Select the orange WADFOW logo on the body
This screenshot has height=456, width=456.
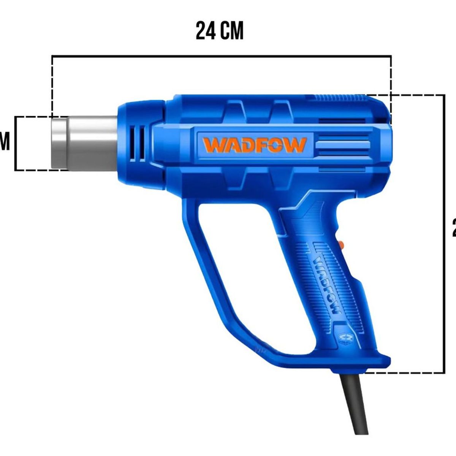254,145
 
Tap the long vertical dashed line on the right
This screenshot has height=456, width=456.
444,234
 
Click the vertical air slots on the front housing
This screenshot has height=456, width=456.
137,142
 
